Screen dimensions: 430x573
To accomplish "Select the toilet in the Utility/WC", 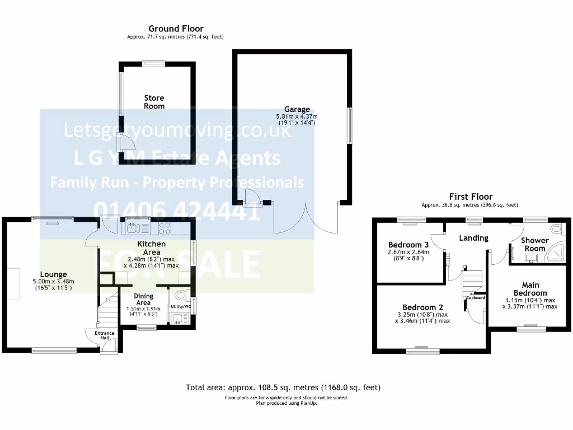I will (181, 295).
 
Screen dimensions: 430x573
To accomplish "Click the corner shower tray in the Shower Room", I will (556, 254).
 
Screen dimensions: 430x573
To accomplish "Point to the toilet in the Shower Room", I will (556, 230).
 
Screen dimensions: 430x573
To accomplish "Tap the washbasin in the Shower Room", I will (530, 258).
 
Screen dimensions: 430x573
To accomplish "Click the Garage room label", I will (297, 110).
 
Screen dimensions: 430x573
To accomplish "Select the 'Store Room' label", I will (154, 102).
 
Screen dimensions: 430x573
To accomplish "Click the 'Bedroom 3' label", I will (408, 245).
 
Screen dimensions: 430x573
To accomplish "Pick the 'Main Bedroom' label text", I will (530, 289).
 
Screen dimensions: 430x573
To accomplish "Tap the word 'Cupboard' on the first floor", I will (476, 297).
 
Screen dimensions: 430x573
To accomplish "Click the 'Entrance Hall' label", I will (104, 335).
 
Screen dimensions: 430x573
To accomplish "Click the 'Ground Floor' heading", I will (176, 29).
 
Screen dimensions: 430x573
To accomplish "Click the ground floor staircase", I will (106, 311).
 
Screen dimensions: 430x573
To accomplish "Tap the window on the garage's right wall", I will (351, 125).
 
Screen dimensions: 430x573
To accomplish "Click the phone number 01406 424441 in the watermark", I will (177, 210).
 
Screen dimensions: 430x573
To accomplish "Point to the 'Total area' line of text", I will (286, 387).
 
